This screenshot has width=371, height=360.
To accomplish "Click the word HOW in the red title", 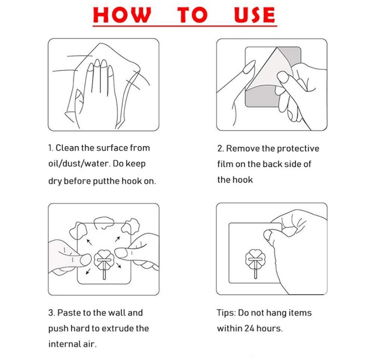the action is click(x=122, y=15).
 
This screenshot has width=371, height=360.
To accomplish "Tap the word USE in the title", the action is click(x=255, y=15).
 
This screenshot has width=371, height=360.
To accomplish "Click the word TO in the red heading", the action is click(x=193, y=15).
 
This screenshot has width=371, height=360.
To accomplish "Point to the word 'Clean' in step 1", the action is click(x=67, y=148).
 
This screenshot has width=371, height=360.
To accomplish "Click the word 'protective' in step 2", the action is click(x=298, y=149).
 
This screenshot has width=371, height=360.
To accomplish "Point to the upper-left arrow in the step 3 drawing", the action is click(x=89, y=242).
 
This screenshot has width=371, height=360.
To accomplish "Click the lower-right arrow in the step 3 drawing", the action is click(x=119, y=265).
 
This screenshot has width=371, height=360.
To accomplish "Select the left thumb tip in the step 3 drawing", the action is click(x=86, y=260).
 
